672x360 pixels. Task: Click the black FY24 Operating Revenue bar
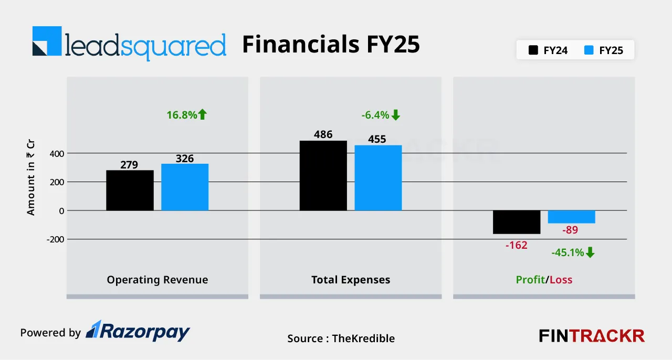coord(130,190)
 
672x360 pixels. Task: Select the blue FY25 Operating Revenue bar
coord(185,187)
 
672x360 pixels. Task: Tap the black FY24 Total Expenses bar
coord(323,175)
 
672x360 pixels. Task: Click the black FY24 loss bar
coord(516,222)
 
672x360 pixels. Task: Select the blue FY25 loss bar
coord(571,217)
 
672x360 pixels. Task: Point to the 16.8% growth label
coord(187,114)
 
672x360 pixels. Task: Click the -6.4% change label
coord(381,115)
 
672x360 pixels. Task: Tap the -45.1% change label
coord(573,252)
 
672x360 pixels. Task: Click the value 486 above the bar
coord(323,134)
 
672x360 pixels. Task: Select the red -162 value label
coord(516,245)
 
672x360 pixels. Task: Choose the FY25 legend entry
coord(604,51)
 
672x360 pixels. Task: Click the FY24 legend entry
coord(548,51)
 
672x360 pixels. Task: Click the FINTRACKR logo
coord(592,336)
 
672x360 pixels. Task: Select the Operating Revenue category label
coord(157,280)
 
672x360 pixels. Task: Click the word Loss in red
coord(561,280)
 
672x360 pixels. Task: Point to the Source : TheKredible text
coord(341,338)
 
